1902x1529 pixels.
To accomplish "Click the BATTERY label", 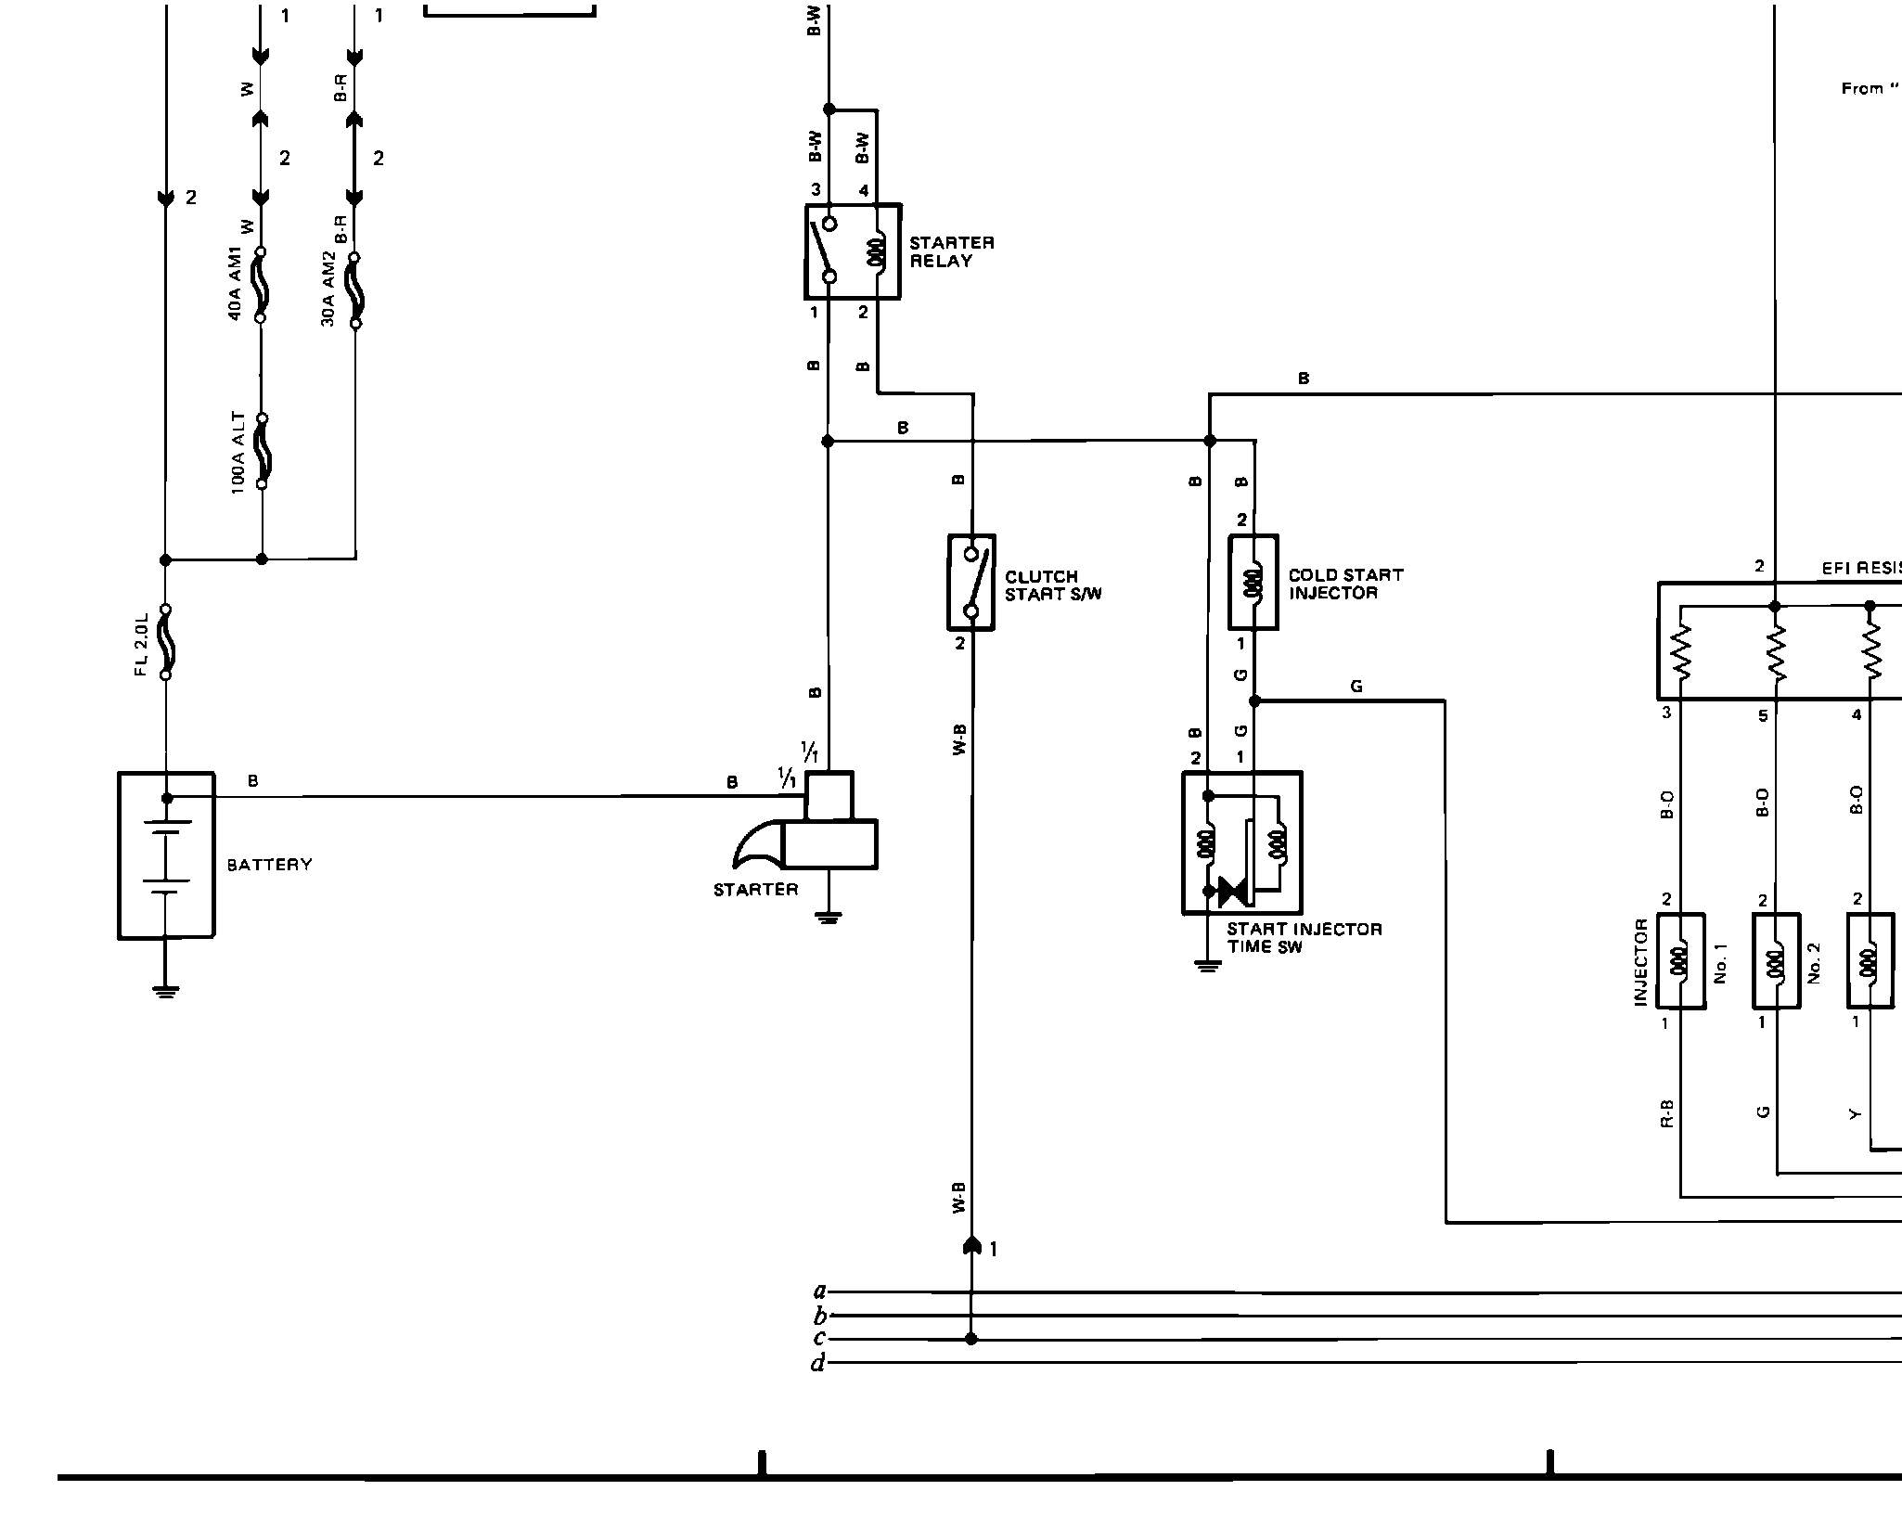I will tap(269, 865).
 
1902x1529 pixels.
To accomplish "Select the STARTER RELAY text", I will tap(951, 252).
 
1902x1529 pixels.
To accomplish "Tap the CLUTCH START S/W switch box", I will tap(970, 583).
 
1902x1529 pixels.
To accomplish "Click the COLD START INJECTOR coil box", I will tap(1253, 583).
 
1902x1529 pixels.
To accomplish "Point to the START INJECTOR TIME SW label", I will tap(1304, 937).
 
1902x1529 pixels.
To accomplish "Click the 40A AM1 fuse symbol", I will tap(261, 285).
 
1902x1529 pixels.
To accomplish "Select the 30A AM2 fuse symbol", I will tap(354, 290).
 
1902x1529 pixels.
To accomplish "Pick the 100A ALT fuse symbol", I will tap(262, 451).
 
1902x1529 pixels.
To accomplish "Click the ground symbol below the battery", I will tap(166, 991).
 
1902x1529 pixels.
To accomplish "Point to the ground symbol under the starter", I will tap(829, 918).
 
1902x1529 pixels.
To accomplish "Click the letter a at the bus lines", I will tap(818, 1291).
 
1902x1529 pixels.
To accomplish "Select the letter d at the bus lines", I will tap(817, 1364).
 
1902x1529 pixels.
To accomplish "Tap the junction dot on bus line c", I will tap(971, 1339).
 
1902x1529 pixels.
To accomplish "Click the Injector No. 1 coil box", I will tap(1680, 961).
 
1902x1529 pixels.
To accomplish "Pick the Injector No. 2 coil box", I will tap(1776, 961).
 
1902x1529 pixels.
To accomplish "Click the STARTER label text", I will tap(755, 890).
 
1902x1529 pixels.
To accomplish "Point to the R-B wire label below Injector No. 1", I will tap(1666, 1112).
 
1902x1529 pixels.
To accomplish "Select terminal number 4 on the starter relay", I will tap(864, 191).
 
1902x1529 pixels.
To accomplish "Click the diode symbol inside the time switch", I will tap(1233, 891).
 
